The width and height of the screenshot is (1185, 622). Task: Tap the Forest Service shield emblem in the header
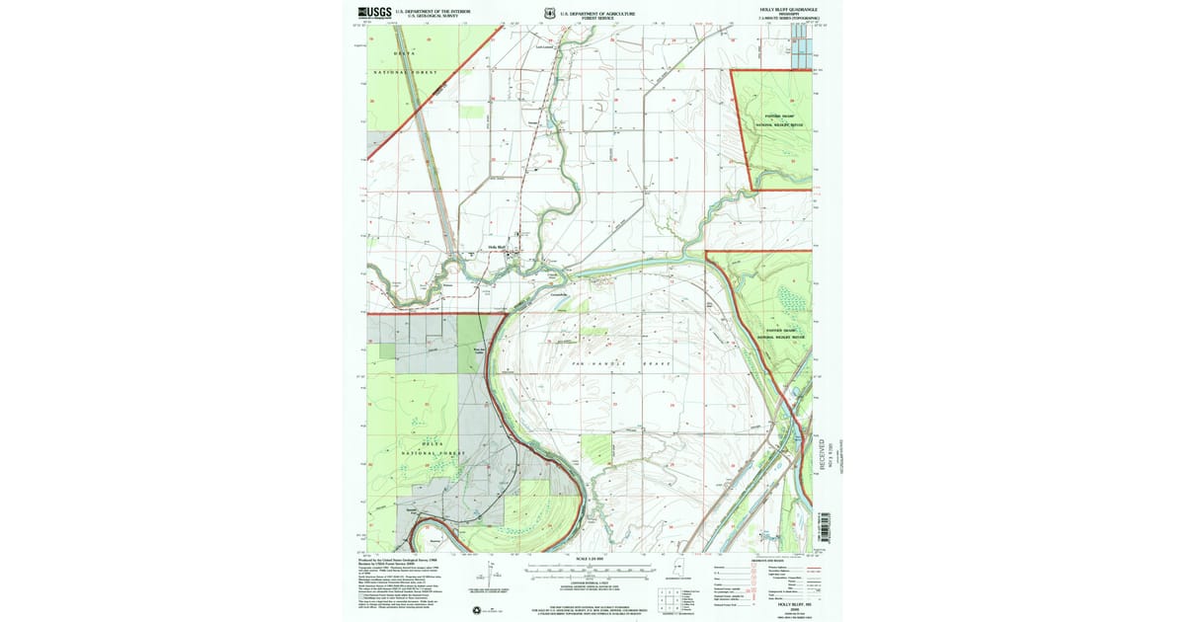tap(549, 13)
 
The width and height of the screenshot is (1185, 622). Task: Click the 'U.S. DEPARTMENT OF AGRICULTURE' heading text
tap(596, 11)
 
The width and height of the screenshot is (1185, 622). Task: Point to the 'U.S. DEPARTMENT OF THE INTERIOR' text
tap(433, 11)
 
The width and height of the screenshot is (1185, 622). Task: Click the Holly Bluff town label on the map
tap(496, 247)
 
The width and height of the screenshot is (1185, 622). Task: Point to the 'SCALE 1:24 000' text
tap(589, 560)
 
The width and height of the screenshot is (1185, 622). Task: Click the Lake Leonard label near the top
tap(546, 46)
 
